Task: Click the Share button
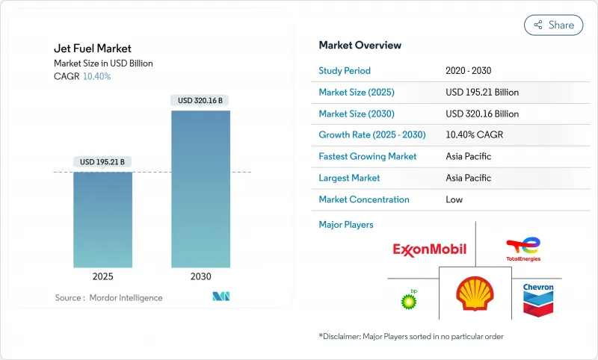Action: coord(553,25)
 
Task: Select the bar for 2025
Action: coord(102,220)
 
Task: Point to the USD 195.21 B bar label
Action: coord(103,162)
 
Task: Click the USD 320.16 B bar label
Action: coord(200,100)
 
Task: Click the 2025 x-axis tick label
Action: coord(102,276)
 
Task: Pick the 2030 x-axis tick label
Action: coord(200,276)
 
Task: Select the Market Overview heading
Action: coord(360,46)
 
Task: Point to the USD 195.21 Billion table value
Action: coord(482,93)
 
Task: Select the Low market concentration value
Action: coord(454,199)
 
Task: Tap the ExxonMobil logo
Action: coord(429,249)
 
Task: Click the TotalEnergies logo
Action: coord(523,249)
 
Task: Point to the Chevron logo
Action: coord(537,299)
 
